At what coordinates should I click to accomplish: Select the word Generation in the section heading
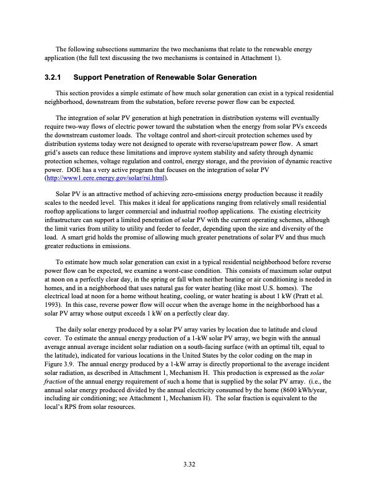233,77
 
